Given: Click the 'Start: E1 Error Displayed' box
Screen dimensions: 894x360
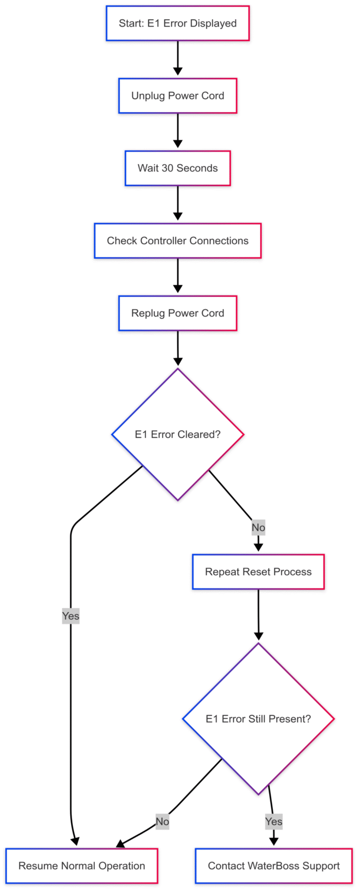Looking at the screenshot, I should click(178, 23).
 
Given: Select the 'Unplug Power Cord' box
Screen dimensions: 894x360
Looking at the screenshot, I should click(178, 96).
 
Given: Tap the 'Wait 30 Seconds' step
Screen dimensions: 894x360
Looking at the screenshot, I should click(178, 168).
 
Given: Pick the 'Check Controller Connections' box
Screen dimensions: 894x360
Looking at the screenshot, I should click(178, 241).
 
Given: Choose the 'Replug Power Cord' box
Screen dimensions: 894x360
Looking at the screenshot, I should click(178, 313).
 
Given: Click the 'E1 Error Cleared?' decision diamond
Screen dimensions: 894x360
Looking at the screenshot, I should click(178, 435).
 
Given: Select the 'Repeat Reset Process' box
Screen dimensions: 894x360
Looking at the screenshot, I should click(258, 572).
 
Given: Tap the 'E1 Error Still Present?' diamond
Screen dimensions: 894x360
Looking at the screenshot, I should click(258, 719).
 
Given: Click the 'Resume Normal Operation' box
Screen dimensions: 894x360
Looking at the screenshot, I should click(82, 866).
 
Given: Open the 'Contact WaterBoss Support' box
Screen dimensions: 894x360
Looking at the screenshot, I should click(274, 866).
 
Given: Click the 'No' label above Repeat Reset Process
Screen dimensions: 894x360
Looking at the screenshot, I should click(258, 528).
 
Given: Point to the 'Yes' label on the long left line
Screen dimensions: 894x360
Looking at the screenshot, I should click(71, 616).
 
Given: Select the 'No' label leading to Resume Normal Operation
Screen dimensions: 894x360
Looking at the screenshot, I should click(162, 822).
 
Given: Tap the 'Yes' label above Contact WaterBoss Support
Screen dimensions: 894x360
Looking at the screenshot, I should click(274, 822).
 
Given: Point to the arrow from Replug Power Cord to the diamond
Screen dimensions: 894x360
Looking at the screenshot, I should click(178, 348).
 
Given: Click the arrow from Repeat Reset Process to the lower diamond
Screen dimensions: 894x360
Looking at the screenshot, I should click(258, 614).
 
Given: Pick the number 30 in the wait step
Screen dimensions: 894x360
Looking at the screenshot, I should click(167, 168).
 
